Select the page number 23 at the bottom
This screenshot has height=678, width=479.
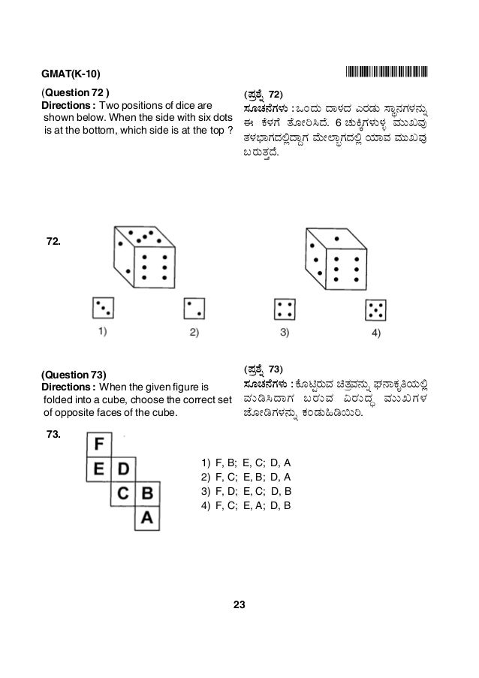click(239, 604)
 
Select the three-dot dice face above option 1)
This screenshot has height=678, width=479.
click(103, 308)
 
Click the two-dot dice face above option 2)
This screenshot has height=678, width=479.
click(195, 308)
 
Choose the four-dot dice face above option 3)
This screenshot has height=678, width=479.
click(284, 309)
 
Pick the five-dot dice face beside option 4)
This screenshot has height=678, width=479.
click(375, 310)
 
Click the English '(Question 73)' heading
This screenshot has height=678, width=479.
click(74, 375)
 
